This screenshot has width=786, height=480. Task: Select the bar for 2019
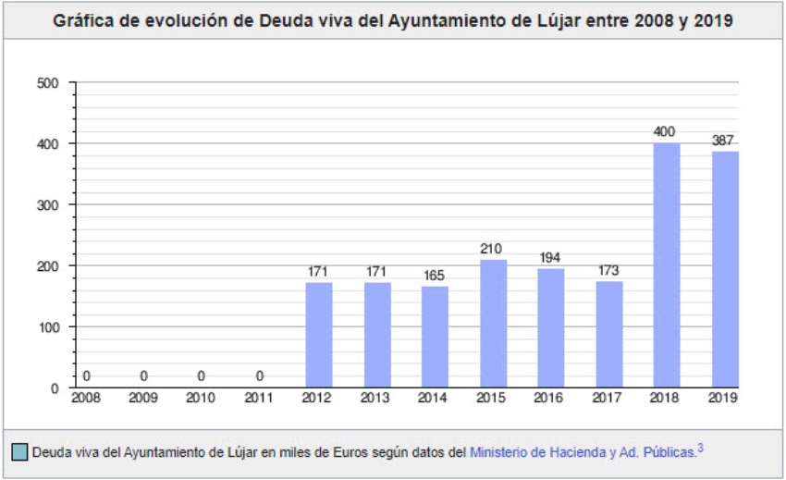point(725,269)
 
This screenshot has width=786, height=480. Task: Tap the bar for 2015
point(494,323)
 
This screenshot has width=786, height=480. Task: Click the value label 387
point(724,141)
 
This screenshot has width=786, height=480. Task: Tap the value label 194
point(551,258)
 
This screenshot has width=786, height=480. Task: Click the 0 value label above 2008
point(86,375)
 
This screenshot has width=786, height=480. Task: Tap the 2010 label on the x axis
point(202,398)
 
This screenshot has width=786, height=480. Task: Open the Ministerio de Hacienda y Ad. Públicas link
point(583,452)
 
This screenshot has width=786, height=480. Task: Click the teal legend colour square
point(19,452)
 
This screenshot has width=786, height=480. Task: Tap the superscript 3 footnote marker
point(700,449)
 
